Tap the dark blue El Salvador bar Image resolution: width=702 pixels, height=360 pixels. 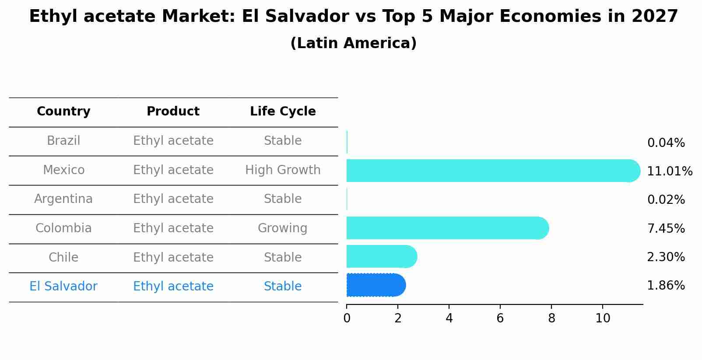click(376, 285)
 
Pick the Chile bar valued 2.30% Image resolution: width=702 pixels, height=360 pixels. click(381, 256)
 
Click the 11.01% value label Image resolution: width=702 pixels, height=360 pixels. click(669, 171)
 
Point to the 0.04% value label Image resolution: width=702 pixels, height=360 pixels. click(666, 143)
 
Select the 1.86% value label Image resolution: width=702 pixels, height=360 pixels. click(666, 286)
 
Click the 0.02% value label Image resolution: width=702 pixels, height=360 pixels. click(666, 200)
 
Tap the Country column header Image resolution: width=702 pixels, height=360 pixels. click(63, 112)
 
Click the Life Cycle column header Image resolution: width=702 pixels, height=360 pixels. click(283, 112)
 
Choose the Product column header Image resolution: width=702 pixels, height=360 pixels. click(173, 112)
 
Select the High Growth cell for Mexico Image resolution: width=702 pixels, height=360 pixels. click(283, 170)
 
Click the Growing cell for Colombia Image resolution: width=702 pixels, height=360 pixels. click(283, 228)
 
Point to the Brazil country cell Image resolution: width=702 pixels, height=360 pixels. click(63, 141)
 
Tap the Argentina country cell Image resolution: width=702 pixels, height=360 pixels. click(63, 199)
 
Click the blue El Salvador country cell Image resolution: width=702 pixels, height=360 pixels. click(63, 287)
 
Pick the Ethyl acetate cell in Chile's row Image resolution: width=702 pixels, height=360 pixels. click(173, 257)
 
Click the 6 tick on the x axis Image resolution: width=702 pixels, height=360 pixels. click(500, 318)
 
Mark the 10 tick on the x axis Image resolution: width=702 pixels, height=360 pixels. click(603, 318)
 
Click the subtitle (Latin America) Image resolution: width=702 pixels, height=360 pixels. click(353, 43)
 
